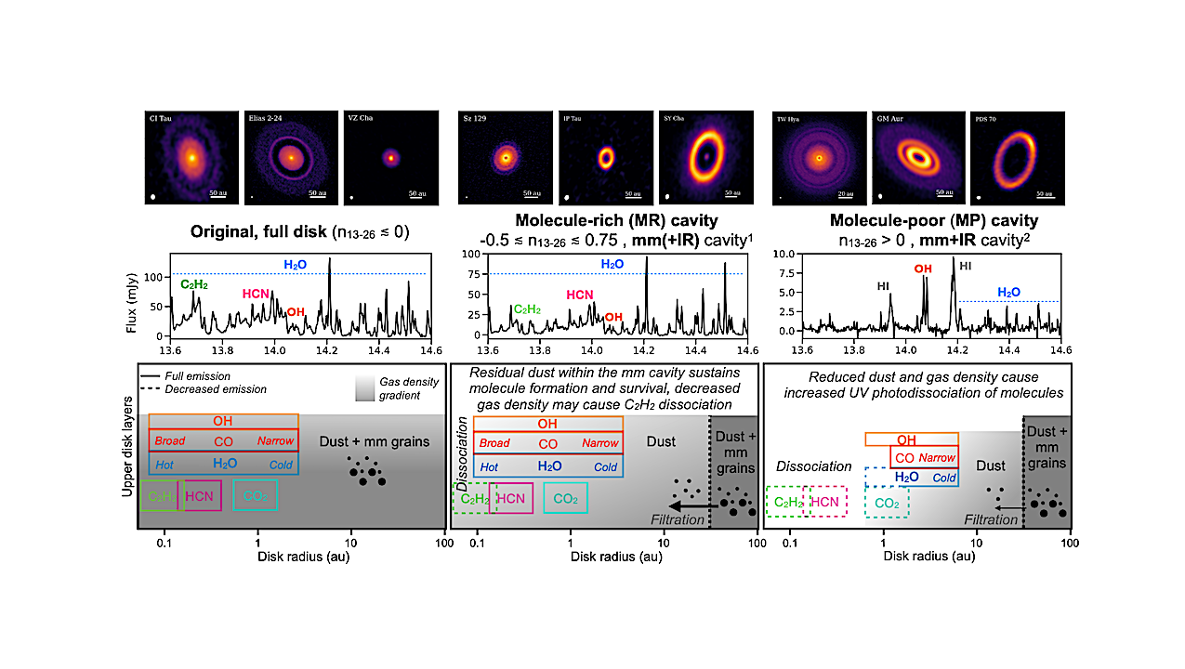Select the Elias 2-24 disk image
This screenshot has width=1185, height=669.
tap(290, 158)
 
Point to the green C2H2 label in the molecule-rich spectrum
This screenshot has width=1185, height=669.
tap(527, 308)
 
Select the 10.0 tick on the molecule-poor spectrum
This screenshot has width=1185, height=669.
tap(787, 253)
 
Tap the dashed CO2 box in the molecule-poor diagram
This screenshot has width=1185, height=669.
tap(886, 503)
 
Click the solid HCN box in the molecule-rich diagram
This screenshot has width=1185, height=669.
tap(511, 499)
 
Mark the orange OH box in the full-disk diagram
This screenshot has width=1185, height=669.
tap(223, 421)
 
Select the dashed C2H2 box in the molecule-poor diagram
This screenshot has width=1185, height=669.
tap(787, 502)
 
